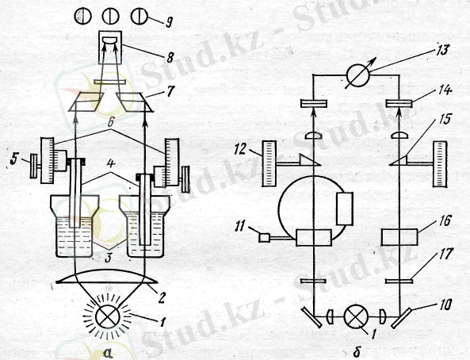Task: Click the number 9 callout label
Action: pyautogui.click(x=170, y=22)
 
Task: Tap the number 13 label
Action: pyautogui.click(x=441, y=50)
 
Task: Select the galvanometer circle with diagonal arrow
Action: pyautogui.click(x=358, y=74)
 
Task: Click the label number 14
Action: pyautogui.click(x=445, y=90)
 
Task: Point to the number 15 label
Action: pyautogui.click(x=445, y=119)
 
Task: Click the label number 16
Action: pyautogui.click(x=445, y=221)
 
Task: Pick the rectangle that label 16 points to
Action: pyautogui.click(x=399, y=237)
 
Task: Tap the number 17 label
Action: pyautogui.click(x=445, y=254)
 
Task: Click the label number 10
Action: pyautogui.click(x=445, y=305)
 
